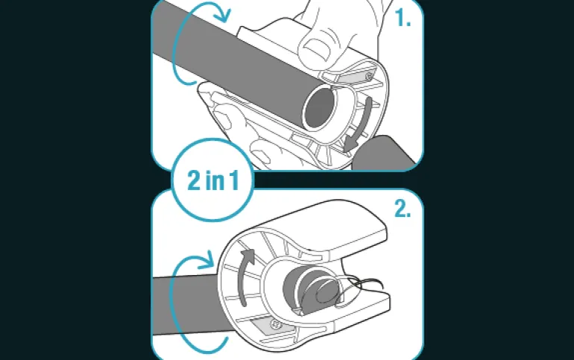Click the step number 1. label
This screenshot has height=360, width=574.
click(x=403, y=18)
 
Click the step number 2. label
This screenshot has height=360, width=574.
click(x=403, y=209)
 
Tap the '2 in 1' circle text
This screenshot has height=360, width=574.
click(x=213, y=180)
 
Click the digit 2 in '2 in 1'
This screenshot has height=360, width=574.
click(x=194, y=180)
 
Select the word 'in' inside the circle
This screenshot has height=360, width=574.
click(x=215, y=180)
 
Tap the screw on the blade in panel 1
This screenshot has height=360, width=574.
click(x=369, y=77)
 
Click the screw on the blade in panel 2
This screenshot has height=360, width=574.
click(x=276, y=324)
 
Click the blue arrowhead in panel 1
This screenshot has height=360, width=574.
click(x=224, y=14)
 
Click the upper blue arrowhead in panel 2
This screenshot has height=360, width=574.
click(x=206, y=260)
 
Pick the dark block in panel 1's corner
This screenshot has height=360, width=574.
click(x=385, y=154)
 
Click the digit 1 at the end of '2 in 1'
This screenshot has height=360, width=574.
click(x=234, y=180)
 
